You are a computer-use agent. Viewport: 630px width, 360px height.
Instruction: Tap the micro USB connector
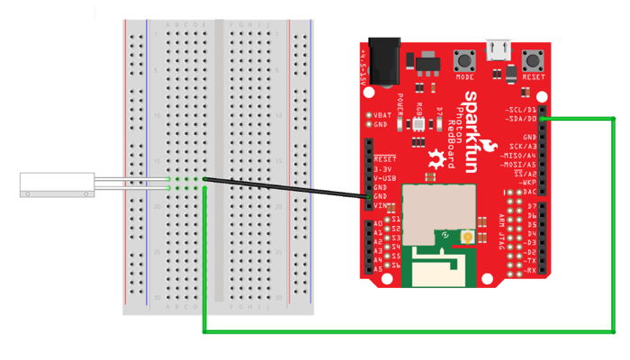pyautogui.click(x=496, y=49)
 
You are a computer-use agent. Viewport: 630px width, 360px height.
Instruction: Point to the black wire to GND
pyautogui.click(x=288, y=189)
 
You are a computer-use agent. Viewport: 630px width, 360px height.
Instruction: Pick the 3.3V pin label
pyautogui.click(x=383, y=168)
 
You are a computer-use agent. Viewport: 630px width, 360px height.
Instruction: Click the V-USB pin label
pyautogui.click(x=385, y=178)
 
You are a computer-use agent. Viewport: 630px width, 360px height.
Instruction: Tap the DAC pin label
pyautogui.click(x=530, y=192)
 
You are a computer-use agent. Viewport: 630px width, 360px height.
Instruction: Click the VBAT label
pyautogui.click(x=384, y=115)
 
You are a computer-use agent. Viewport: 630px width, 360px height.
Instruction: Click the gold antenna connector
pyautogui.click(x=467, y=237)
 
